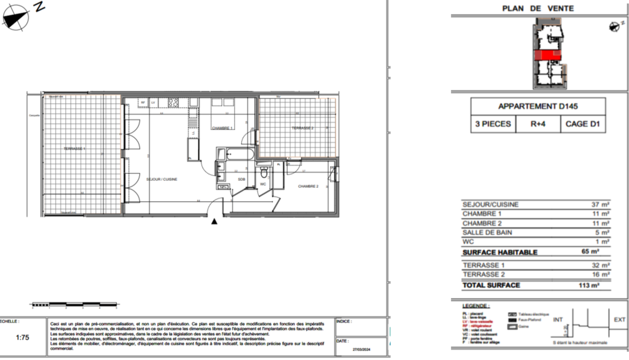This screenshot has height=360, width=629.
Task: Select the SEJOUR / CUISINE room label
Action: pos(162,179)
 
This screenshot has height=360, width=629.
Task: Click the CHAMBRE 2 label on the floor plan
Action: pos(308,186)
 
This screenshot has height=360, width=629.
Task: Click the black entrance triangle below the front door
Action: pos(214,220)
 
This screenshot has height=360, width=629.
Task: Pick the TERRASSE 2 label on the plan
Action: pos(302,128)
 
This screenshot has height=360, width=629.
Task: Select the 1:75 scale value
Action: pos(22,338)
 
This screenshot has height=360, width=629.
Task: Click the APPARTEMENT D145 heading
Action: pos(538,106)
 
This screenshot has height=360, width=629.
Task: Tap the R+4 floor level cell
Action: pos(538,124)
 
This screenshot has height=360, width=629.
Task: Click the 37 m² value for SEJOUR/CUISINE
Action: pos(602,204)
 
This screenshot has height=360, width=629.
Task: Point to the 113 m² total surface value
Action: pos(589,285)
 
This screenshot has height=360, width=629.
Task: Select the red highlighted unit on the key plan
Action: pos(547,55)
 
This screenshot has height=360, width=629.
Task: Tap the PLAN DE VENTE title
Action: pos(538,8)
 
